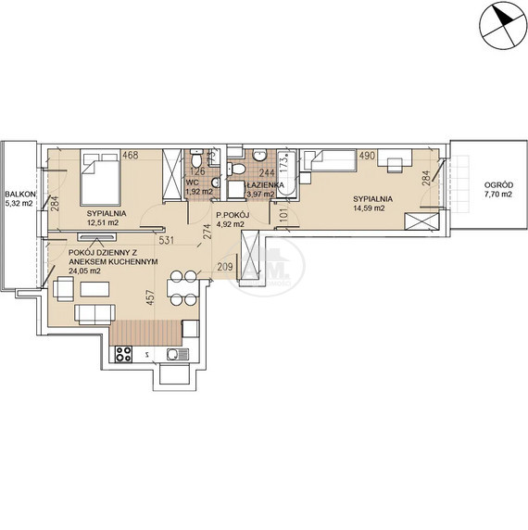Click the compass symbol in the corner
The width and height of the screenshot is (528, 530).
pos(503,27)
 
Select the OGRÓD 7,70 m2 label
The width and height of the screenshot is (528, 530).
pos(498,190)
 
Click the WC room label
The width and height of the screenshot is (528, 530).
pos(193,183)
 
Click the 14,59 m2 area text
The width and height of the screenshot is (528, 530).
pos(369,208)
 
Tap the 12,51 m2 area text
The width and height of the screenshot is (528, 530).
pos(103,222)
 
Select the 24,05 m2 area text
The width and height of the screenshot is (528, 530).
pos(84,271)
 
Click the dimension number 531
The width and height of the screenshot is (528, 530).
pos(167,240)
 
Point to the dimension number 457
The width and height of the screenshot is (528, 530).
pos(151,297)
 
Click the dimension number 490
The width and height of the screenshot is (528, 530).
pos(367,156)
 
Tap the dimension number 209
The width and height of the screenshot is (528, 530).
pos(225,267)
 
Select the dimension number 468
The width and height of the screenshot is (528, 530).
pos(131,156)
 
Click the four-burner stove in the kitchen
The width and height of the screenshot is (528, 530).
pos(123,355)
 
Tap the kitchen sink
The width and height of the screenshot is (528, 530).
pos(178,354)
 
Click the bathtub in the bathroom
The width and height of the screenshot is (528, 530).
pos(286,173)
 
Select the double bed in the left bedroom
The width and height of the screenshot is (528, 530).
pos(100,178)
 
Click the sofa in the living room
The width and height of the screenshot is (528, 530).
pos(94,314)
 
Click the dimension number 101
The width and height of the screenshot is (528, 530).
pos(283,215)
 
